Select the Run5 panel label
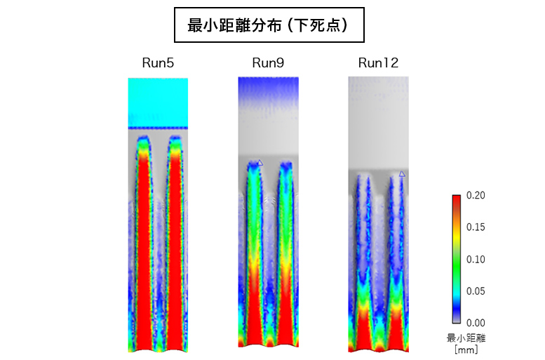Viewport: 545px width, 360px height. click(x=158, y=63)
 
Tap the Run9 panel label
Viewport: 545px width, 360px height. click(x=268, y=63)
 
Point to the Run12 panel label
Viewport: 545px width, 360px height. click(x=378, y=63)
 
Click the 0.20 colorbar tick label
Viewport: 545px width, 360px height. click(x=476, y=195)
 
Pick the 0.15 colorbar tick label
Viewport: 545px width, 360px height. click(x=476, y=227)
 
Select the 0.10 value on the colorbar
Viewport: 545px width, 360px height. click(x=476, y=259)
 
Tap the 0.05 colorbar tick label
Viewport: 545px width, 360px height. click(x=476, y=291)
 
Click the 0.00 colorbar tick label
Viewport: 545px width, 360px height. click(x=476, y=322)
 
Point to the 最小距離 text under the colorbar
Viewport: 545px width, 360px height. click(x=466, y=338)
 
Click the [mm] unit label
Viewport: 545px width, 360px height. click(x=466, y=349)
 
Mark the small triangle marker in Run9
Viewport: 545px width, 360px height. click(x=260, y=163)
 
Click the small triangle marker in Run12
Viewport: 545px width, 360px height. click(x=402, y=173)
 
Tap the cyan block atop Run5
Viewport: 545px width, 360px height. click(x=158, y=102)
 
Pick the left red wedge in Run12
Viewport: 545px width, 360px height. click(x=364, y=330)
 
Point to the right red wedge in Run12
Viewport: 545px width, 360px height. click(x=396, y=330)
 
